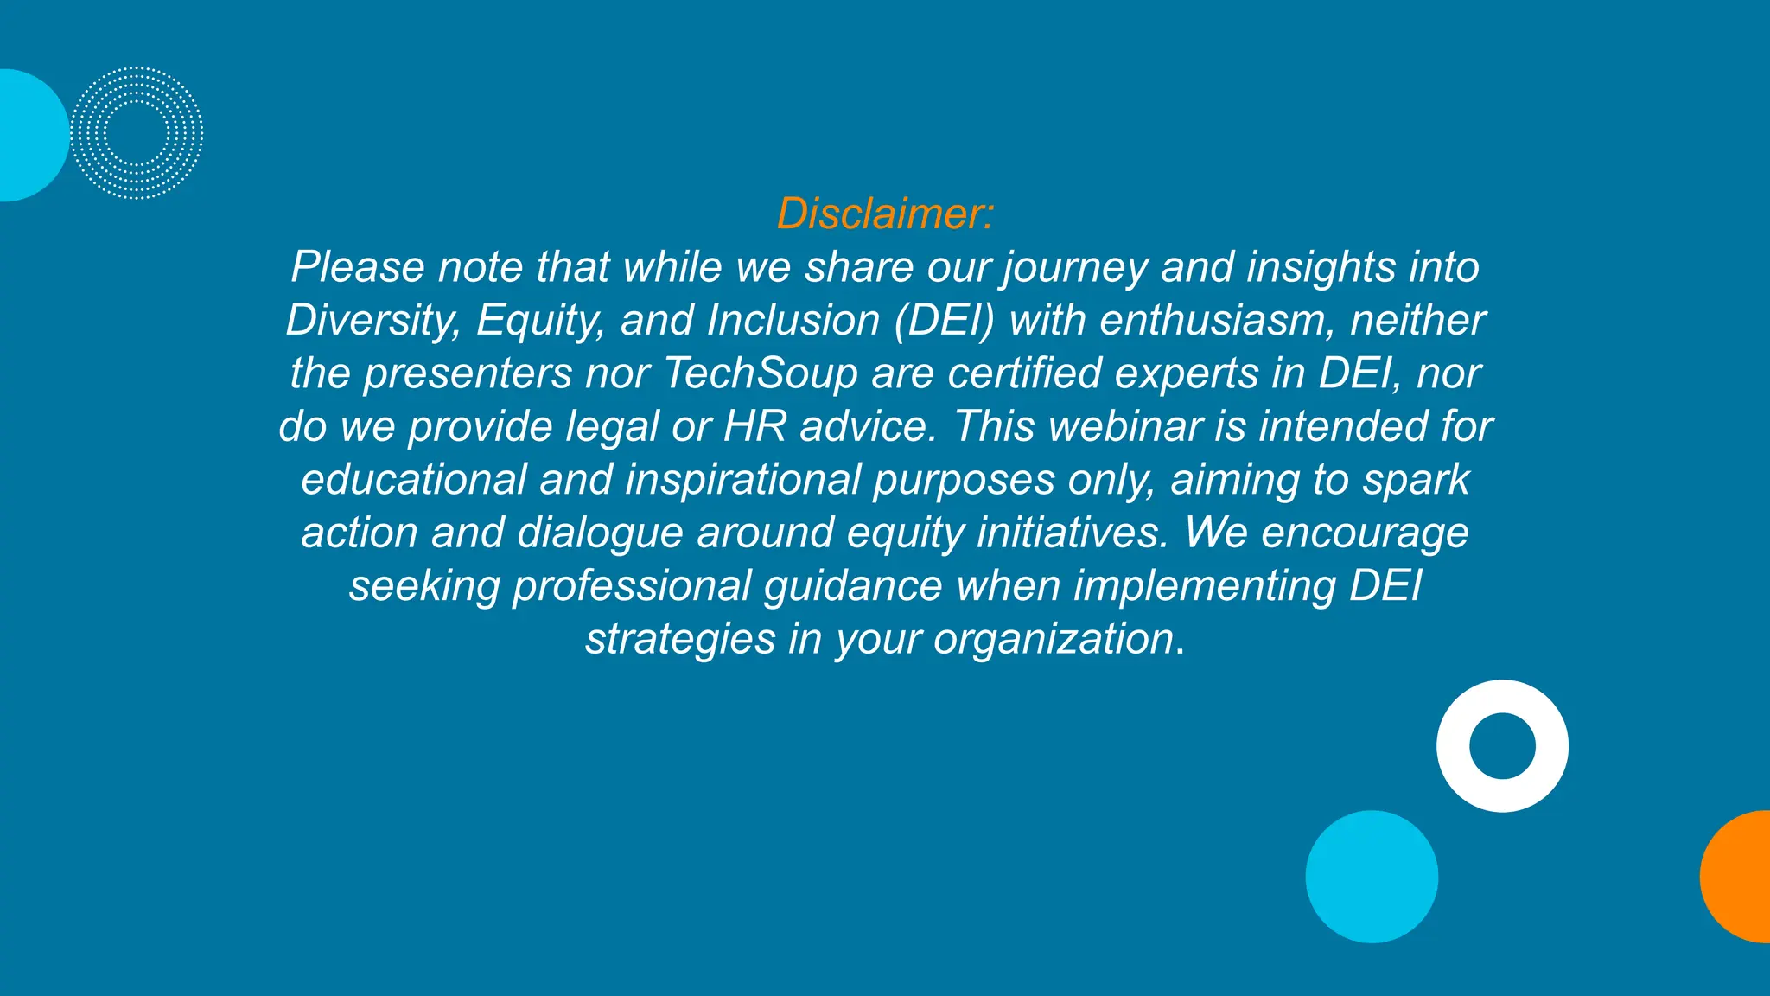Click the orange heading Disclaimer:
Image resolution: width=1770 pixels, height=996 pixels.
click(885, 214)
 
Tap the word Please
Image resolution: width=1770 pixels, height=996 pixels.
click(358, 267)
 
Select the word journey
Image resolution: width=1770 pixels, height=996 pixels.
click(1074, 267)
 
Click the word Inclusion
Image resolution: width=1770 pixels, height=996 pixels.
click(793, 321)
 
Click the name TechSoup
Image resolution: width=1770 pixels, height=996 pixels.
click(761, 373)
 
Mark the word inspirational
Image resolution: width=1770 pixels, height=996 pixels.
click(742, 480)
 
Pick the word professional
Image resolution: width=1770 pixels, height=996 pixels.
click(632, 586)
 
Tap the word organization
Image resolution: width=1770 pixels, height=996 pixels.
click(1054, 640)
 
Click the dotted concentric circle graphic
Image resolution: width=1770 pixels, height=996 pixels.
click(137, 133)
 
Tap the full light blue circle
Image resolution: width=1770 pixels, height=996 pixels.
click(1372, 876)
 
